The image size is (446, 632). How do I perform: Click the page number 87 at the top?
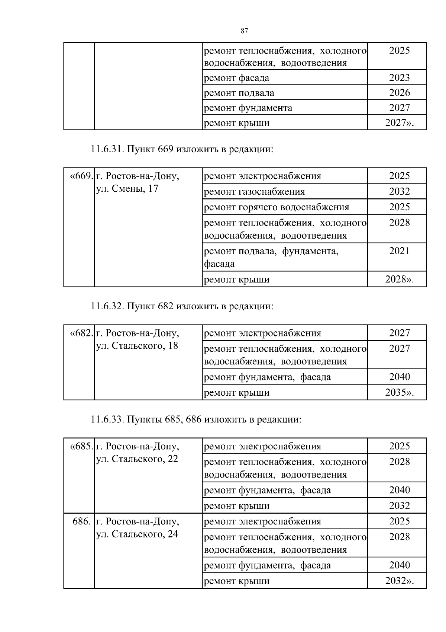pos(244,31)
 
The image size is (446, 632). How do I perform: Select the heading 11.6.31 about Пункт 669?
pos(182,149)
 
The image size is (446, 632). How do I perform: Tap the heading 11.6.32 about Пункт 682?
pos(182,306)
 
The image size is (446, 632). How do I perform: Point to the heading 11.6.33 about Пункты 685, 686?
pos(196,419)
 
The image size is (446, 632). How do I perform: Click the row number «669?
pos(81,176)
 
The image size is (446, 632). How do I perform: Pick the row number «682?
pos(81,333)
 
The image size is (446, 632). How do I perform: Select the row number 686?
pos(82,521)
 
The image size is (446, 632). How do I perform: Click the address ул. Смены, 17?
pos(127,189)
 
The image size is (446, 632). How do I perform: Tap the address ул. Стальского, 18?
pos(137,346)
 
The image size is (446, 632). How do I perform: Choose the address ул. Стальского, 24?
pos(137,534)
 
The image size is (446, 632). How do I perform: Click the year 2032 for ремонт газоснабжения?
pos(399,191)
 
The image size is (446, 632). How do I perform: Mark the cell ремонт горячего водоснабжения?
pos(277,207)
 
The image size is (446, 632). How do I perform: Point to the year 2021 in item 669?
pos(399,251)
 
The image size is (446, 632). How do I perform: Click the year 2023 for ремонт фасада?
pos(399,77)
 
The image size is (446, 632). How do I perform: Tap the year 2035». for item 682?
pos(399,392)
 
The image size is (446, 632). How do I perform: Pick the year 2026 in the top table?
pos(399,92)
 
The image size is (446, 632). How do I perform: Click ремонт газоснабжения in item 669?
pos(254,192)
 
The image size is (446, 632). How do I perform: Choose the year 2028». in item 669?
pos(399,279)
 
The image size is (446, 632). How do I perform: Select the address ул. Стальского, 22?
pos(137,459)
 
